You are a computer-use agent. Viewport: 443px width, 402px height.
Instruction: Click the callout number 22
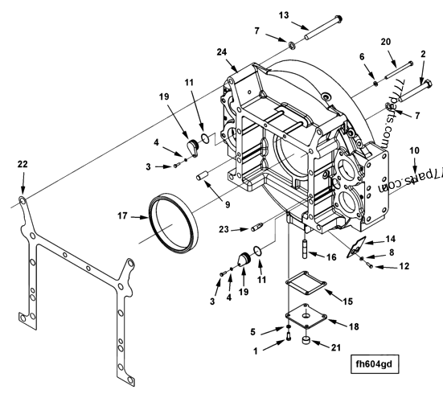point(23,164)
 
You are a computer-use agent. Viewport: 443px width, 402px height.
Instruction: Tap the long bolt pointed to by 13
point(323,27)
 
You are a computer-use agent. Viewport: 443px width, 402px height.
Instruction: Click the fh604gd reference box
point(375,364)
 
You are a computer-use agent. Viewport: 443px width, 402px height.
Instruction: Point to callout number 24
point(222,52)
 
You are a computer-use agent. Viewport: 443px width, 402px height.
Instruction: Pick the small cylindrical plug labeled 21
point(306,340)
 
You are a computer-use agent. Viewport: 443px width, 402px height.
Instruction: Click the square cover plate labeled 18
point(306,316)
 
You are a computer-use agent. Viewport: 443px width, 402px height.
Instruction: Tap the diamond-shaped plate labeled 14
point(356,247)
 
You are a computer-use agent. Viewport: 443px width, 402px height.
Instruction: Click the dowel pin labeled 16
point(306,248)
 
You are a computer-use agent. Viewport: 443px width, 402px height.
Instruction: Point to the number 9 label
point(228,204)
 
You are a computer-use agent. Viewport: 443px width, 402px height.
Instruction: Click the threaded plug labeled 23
point(257,227)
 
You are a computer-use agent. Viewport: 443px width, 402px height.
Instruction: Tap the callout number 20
point(386,42)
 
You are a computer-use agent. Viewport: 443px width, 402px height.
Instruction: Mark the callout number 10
point(415,150)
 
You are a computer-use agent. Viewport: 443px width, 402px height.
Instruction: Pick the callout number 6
point(362,57)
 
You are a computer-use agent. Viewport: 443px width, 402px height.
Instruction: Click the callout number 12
point(404,266)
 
